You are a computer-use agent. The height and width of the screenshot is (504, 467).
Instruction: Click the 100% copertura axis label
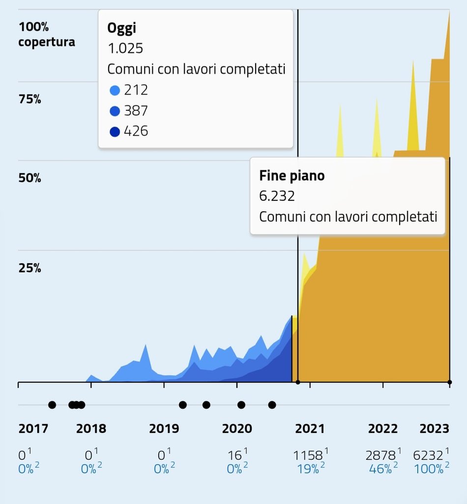point(46,34)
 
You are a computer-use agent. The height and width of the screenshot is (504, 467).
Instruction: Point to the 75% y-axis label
point(29,99)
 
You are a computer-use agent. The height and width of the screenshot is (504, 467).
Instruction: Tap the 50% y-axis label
point(29,178)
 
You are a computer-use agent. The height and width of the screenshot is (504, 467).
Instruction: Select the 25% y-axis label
point(29,268)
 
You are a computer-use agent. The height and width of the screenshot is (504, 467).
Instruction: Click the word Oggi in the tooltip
point(121,28)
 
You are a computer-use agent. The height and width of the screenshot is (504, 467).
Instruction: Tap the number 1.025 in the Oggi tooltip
point(125,48)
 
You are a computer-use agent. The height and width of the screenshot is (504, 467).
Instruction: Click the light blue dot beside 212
point(115,91)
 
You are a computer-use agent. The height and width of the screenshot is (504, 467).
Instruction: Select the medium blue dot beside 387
point(115,111)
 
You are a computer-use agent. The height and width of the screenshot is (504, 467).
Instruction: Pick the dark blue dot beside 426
point(115,132)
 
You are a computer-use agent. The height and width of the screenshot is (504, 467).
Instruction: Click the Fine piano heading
point(292,176)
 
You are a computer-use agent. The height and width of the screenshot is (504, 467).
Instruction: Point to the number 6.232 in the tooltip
point(277,196)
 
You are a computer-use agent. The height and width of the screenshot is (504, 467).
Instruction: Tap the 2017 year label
point(33,429)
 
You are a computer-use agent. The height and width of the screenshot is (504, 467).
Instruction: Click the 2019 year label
point(164,429)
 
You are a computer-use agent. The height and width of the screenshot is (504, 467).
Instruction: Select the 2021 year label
point(310,429)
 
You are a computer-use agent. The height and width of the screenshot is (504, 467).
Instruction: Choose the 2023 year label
point(434,429)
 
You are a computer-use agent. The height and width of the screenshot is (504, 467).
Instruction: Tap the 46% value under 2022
point(380,469)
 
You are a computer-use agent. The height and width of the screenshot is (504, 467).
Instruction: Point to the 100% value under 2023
point(429,469)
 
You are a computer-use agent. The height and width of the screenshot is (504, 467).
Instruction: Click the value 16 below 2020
point(234,455)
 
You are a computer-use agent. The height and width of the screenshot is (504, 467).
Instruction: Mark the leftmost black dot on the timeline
point(52,405)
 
